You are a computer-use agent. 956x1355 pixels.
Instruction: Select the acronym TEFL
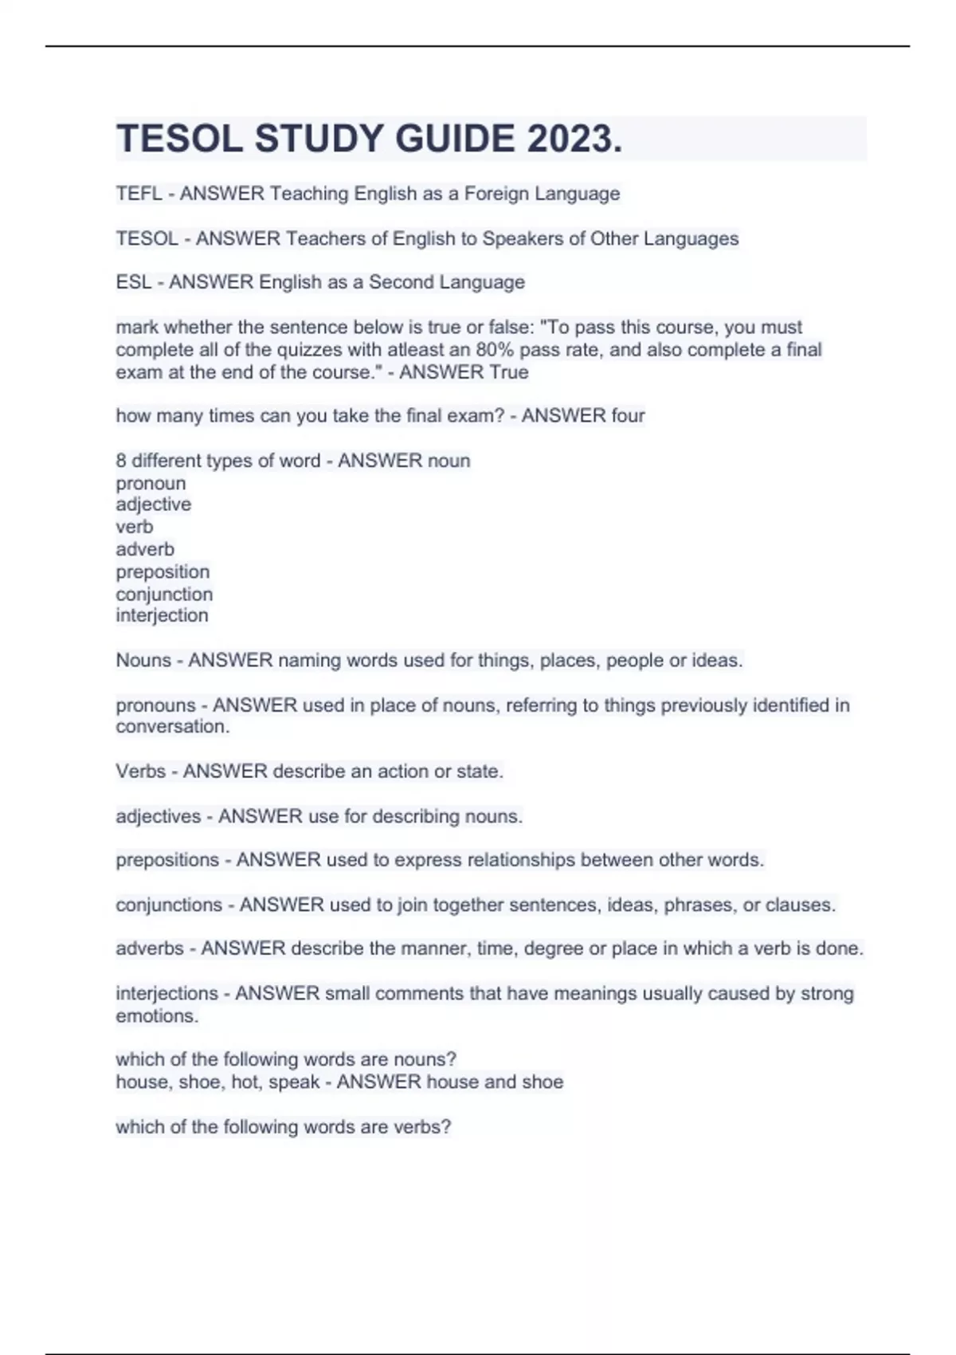point(139,194)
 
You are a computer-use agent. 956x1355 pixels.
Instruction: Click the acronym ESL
point(134,282)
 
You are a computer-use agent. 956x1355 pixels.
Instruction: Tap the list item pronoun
point(151,484)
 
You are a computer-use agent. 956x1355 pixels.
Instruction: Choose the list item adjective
point(153,505)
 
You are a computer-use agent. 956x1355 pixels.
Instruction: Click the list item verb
point(134,527)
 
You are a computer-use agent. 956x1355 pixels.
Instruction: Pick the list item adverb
point(144,549)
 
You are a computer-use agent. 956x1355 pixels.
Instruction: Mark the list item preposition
point(163,572)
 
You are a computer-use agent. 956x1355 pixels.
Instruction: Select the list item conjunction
point(164,595)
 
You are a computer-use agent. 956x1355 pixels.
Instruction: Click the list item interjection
point(162,615)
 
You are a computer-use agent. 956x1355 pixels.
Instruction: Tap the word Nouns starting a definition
point(143,661)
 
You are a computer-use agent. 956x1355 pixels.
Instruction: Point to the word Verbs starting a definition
point(140,772)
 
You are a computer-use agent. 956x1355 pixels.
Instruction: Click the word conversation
point(172,727)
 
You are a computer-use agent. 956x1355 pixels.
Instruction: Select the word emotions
point(156,1016)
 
